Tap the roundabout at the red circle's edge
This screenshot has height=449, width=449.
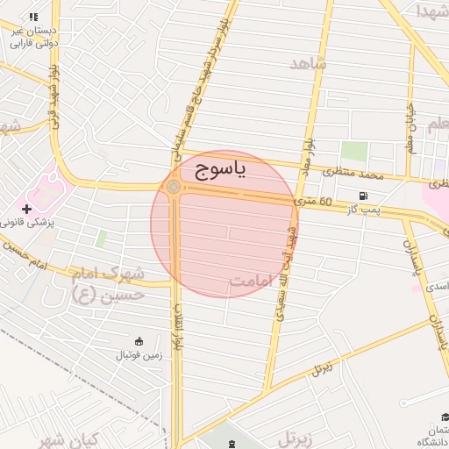(x=175, y=187)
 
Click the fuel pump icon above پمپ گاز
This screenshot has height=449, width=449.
(x=363, y=195)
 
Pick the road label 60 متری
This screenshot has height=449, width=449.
(x=314, y=203)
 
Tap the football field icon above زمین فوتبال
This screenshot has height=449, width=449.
(x=138, y=341)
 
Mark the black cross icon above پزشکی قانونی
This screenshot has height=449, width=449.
(x=27, y=209)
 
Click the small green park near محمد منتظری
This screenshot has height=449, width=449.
(x=354, y=151)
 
